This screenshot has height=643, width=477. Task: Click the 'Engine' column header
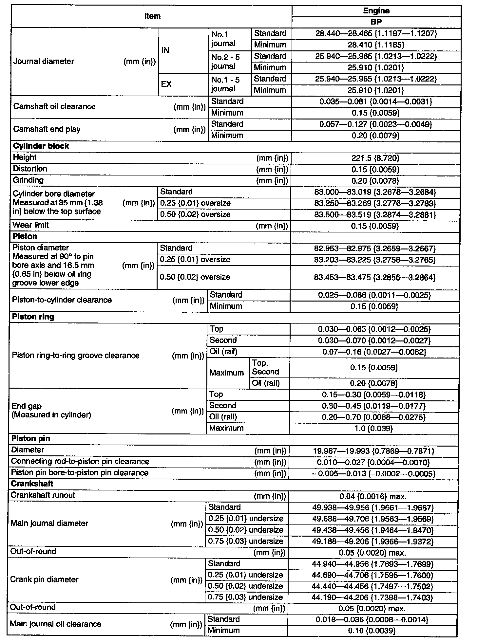[376, 11]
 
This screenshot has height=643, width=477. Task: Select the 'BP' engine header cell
[376, 22]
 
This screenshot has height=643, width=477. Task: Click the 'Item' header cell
[152, 16]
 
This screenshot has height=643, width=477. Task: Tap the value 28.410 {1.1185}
[376, 45]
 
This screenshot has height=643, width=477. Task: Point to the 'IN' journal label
[165, 50]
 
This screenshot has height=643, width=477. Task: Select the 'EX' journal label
[166, 84]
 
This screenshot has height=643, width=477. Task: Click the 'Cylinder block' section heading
[41, 146]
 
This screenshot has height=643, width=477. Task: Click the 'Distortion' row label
[30, 169]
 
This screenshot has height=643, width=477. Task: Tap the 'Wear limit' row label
[30, 225]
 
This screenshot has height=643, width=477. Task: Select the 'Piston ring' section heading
[33, 317]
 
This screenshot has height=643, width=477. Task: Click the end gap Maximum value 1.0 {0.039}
[373, 429]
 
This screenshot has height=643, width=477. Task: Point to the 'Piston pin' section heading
[31, 439]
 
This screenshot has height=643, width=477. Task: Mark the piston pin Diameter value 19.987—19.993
[373, 451]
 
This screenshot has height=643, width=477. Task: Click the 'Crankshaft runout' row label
[43, 495]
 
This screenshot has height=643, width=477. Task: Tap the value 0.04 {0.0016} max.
[373, 497]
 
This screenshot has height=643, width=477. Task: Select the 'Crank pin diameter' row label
[44, 579]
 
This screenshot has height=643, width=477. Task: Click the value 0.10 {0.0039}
[372, 631]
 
